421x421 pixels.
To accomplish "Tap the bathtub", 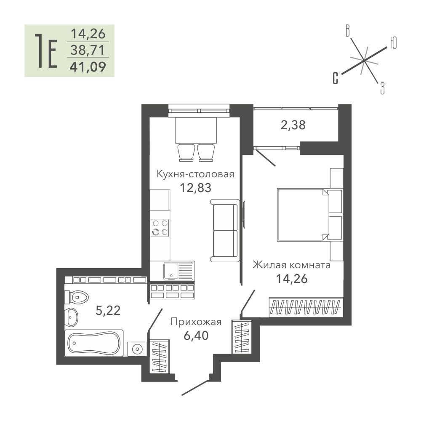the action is (x=94, y=343).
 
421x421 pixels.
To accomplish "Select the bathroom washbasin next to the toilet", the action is (x=72, y=317).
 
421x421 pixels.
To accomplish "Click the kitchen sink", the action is (x=179, y=271).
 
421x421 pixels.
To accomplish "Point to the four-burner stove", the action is (x=160, y=228).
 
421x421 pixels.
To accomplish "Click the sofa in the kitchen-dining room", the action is (x=225, y=230).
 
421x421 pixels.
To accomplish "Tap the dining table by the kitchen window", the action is (x=196, y=130).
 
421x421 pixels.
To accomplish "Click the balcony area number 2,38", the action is (x=293, y=125).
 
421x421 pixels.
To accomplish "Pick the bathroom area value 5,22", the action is (x=108, y=310).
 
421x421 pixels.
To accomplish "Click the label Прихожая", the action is (x=196, y=322).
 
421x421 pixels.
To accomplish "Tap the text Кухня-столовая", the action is (x=195, y=174).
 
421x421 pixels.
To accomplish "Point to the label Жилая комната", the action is (x=292, y=265).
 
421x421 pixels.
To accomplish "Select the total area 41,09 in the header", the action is (x=88, y=67).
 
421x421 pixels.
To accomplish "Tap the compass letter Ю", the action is (x=393, y=43).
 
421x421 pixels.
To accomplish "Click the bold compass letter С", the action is (x=336, y=78).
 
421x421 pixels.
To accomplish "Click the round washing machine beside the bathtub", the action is (x=137, y=349).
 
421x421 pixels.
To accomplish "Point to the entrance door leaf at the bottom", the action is (x=195, y=388).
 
